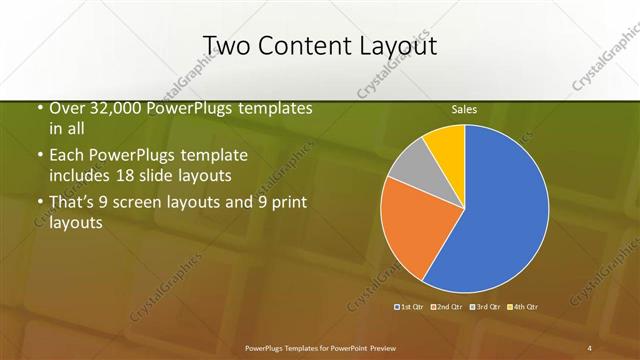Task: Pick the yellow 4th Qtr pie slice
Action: [446, 145]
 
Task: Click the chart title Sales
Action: [464, 108]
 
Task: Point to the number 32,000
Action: [112, 109]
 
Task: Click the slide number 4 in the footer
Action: [589, 347]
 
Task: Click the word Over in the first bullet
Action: [65, 109]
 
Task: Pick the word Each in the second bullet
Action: [66, 156]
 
